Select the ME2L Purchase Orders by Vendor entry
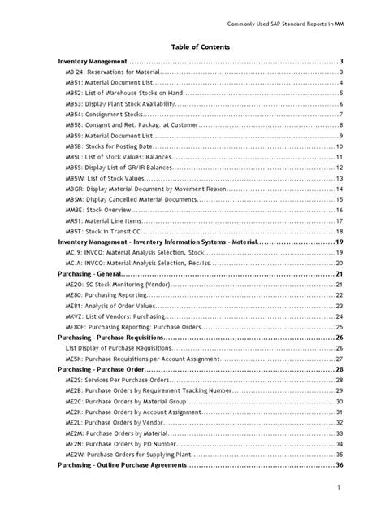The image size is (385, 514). (115, 421)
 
